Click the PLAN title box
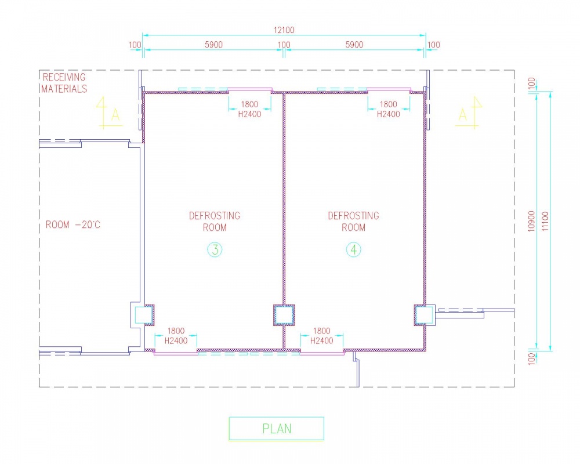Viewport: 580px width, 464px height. (276, 429)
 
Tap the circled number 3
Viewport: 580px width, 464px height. (215, 250)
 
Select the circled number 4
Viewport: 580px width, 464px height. (354, 250)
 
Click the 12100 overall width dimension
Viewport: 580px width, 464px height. (284, 30)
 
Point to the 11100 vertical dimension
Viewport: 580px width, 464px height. (545, 221)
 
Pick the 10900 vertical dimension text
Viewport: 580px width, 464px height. (531, 221)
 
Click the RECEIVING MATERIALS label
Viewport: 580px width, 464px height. (64, 83)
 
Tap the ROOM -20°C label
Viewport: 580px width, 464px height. (73, 224)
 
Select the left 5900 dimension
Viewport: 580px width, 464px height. (214, 45)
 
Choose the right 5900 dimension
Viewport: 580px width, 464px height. (354, 45)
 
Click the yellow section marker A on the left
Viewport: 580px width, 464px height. (110, 113)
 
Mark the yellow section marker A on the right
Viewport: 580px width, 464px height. (469, 113)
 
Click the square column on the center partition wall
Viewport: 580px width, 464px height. (284, 316)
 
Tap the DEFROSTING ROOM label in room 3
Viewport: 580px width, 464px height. (215, 221)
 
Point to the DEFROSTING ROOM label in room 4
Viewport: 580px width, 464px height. (354, 221)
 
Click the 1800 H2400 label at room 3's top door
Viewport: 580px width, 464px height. (249, 109)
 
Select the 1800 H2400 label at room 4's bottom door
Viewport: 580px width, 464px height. (321, 336)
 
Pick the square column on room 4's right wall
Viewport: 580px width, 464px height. (425, 316)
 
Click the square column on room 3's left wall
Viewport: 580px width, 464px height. (143, 316)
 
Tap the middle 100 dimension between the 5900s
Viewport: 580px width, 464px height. (284, 45)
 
